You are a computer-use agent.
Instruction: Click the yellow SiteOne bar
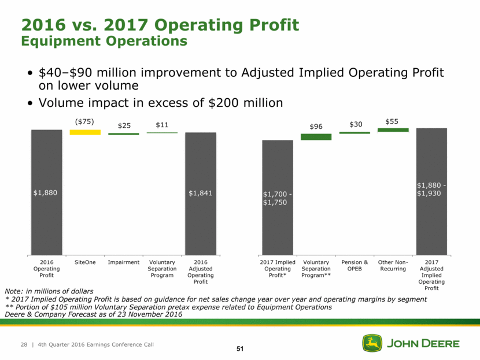point(84,132)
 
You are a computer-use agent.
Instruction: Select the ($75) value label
point(84,122)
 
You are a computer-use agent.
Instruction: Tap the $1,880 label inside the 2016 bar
point(46,193)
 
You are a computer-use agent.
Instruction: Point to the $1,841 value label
point(200,193)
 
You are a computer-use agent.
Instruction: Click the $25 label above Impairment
point(123,125)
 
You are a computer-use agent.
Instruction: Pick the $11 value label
point(162,125)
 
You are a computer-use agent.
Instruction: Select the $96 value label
point(316,125)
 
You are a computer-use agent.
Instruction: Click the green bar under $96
point(316,137)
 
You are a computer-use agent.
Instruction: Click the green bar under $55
point(393,130)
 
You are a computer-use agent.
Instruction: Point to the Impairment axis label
point(123,262)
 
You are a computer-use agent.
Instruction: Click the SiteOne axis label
point(84,262)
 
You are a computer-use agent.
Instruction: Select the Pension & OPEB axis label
point(354,266)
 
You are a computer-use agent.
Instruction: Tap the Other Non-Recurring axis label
point(393,266)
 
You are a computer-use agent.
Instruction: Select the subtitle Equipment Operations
point(104,42)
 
